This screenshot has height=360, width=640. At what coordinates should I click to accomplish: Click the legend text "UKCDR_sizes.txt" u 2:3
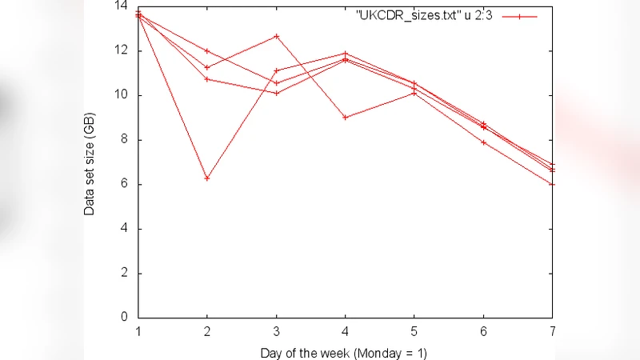424,15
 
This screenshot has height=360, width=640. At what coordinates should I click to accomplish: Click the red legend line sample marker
519,15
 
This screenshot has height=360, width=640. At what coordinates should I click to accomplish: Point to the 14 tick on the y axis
122,6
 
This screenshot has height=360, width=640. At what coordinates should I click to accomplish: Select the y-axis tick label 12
122,50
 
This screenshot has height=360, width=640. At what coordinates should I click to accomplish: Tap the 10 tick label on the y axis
122,95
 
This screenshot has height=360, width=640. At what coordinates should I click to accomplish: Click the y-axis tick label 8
125,140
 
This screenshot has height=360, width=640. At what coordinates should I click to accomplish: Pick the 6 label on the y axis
125,184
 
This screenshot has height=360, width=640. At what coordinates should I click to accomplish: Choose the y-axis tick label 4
125,229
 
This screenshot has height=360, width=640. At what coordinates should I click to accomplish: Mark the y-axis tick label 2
125,274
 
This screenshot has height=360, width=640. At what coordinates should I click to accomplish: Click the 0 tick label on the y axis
125,318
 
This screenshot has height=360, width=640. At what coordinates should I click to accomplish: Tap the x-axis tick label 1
138,331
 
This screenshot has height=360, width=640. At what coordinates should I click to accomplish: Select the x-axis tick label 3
276,331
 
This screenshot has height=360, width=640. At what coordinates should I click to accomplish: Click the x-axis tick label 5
414,331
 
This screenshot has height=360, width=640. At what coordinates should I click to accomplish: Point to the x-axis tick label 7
552,331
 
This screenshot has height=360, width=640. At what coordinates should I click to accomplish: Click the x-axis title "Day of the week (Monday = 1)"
345,351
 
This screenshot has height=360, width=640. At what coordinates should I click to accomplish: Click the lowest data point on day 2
207,178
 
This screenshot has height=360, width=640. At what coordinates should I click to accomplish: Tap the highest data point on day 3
276,36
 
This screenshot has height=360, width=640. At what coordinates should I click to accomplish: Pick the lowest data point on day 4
345,117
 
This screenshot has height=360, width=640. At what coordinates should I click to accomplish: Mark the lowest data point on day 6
483,142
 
